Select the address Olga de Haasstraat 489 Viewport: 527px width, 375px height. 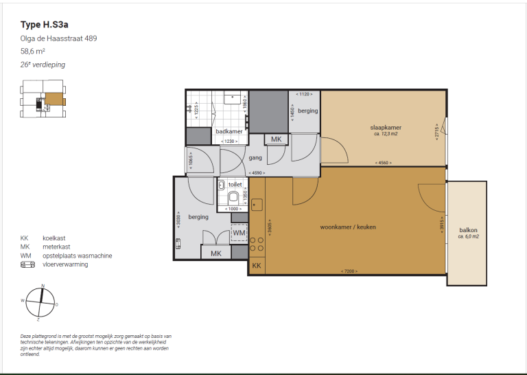(x=58, y=38)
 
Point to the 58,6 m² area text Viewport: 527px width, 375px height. (x=33, y=52)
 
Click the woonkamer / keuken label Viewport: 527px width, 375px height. (x=347, y=227)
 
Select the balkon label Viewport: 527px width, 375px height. (x=468, y=230)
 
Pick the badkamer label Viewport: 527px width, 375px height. (x=229, y=131)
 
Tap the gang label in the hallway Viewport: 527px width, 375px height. (x=255, y=157)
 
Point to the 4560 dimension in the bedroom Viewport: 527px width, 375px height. (x=384, y=163)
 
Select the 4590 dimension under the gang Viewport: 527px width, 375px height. (x=257, y=172)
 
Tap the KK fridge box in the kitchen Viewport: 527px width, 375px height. (x=256, y=266)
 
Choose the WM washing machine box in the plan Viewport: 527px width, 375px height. (x=239, y=234)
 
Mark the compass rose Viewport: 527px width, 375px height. (x=42, y=301)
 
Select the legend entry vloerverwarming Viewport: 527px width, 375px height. (x=65, y=264)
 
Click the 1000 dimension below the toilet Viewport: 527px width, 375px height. (x=233, y=208)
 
